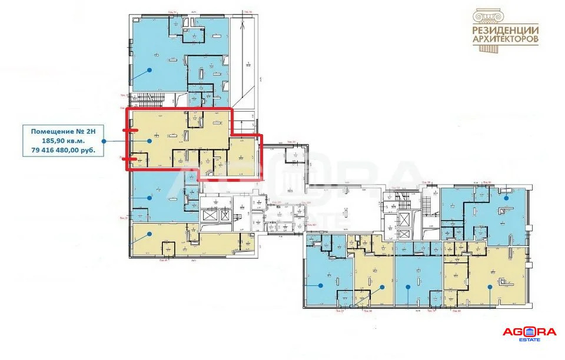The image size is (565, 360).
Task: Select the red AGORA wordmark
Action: [x=530, y=332]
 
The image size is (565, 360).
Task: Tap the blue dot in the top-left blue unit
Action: [x=149, y=69]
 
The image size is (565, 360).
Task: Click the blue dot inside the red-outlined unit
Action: [x=151, y=141]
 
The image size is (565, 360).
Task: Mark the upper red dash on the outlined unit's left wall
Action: [x=131, y=130]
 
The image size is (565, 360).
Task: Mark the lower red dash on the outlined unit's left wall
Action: [x=131, y=158]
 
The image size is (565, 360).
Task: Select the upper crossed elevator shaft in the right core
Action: [x=405, y=219]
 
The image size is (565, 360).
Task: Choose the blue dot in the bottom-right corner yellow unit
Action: [x=491, y=287]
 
